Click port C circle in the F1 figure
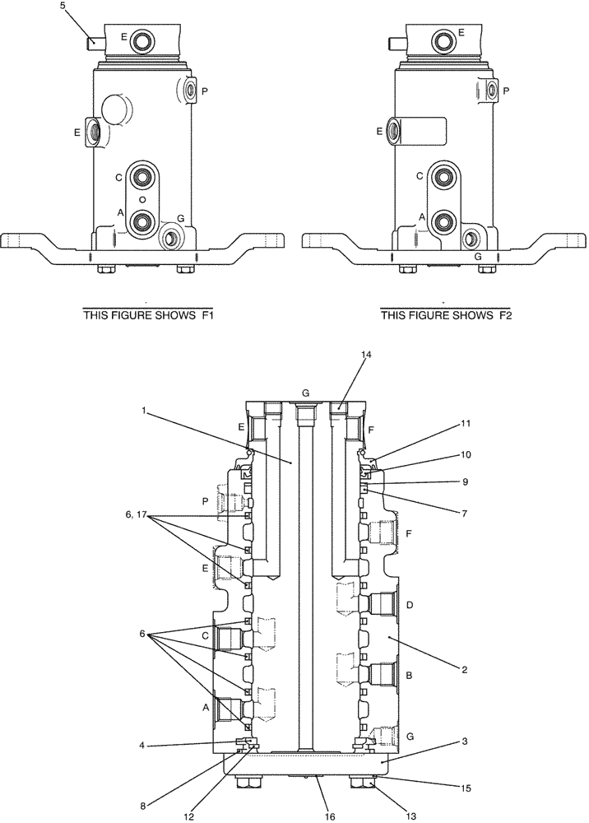coord(143,176)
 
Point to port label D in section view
coord(410,605)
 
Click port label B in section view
coord(410,674)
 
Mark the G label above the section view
coord(305,393)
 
